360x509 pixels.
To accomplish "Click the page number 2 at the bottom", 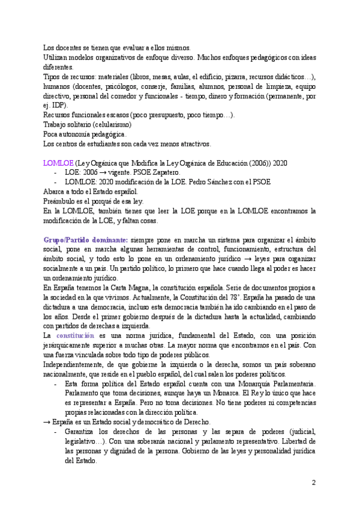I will click(313, 483).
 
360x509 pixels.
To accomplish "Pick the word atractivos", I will click(192, 144).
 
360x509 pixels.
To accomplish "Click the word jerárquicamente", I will click(73, 345).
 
